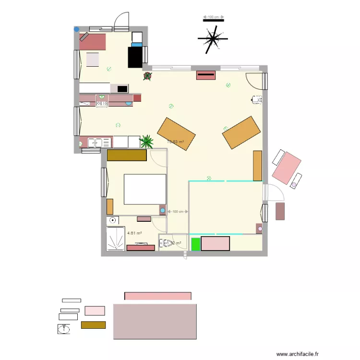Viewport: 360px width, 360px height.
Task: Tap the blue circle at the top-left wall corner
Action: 76,29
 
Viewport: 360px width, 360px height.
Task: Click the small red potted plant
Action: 147,75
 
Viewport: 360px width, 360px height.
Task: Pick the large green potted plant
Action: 147,141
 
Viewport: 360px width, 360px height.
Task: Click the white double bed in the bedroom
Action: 145,189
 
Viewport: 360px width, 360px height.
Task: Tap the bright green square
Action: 195,244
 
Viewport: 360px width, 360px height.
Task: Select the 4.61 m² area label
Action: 134,233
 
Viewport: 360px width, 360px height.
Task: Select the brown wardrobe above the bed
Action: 127,156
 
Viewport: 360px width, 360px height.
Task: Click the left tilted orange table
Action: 176,133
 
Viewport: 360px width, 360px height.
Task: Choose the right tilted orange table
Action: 241,132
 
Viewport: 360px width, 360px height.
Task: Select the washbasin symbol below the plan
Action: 64,329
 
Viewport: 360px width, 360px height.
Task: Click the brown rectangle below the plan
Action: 93,325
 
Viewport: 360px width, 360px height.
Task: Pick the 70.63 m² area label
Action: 175,142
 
